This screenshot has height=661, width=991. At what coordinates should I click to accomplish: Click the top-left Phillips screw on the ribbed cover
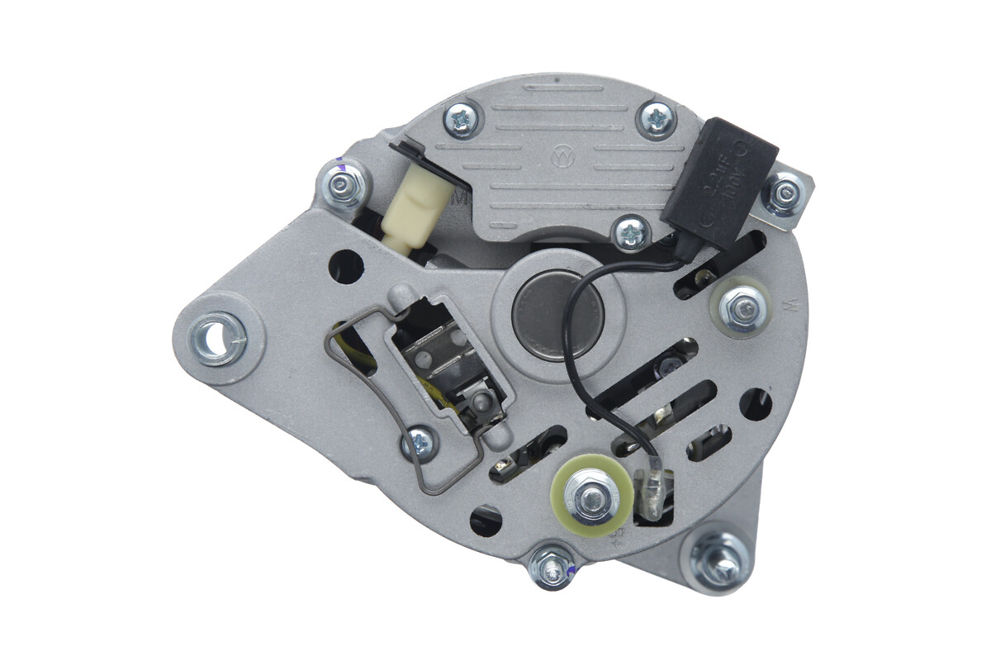click(461, 120)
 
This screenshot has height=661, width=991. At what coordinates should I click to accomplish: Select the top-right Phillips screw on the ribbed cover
click(657, 120)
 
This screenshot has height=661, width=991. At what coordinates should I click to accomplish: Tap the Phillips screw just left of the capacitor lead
click(632, 232)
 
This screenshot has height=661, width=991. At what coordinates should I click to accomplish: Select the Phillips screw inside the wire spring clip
click(419, 445)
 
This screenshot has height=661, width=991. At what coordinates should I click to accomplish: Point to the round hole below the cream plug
click(346, 265)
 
